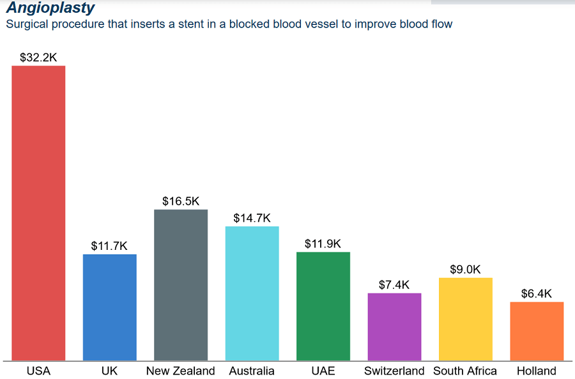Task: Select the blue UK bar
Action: [110, 307]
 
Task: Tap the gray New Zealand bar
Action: [181, 284]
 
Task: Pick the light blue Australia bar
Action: [252, 293]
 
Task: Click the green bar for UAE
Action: [323, 306]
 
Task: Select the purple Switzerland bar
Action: [394, 327]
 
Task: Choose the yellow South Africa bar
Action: [465, 319]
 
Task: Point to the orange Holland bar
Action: [537, 331]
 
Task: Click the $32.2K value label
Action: [38, 58]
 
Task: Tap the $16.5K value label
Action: [181, 201]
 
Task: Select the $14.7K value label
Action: [252, 218]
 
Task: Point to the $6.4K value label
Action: [537, 294]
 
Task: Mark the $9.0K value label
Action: [465, 270]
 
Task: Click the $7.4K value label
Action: [394, 285]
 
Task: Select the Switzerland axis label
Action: [394, 371]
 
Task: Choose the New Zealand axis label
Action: [181, 371]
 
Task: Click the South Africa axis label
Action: [465, 371]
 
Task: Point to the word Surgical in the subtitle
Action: [26, 24]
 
